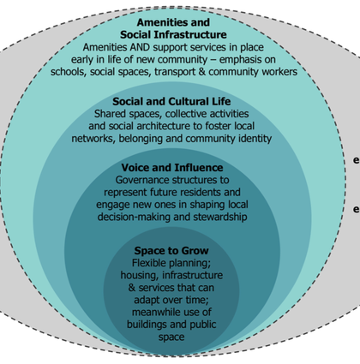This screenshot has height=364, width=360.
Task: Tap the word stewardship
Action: click(220, 217)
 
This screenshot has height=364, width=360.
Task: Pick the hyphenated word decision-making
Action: click(135, 217)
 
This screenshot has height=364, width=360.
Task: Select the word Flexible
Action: click(148, 263)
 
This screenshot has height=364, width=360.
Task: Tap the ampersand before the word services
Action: click(132, 288)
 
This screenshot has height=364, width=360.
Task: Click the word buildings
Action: click(147, 325)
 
